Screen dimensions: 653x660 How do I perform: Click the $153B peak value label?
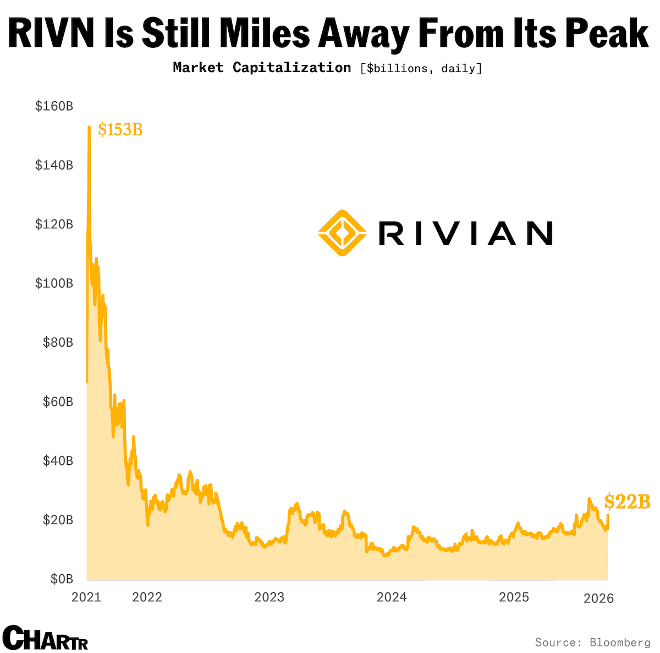point(120,130)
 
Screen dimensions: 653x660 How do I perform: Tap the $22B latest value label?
point(628,502)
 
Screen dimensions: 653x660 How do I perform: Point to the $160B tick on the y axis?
point(54,106)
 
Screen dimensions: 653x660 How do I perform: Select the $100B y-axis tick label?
point(54,283)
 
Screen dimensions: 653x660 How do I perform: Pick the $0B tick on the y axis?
point(62,579)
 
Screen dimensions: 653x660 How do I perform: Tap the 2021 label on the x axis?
point(86,597)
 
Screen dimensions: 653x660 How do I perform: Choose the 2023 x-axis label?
point(269,597)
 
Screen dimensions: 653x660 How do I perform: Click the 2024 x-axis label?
point(392,597)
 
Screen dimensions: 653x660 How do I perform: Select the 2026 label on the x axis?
point(598,598)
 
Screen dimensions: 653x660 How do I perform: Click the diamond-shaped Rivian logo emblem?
point(342,233)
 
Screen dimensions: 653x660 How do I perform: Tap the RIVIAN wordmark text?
point(465,233)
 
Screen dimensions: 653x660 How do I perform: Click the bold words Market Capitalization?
point(262,68)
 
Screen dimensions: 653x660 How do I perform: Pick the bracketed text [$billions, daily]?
point(421,68)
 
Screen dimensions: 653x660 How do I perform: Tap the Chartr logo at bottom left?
point(45,638)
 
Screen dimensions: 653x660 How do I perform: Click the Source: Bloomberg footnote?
point(592,642)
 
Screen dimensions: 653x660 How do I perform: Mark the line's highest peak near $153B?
point(89,128)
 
